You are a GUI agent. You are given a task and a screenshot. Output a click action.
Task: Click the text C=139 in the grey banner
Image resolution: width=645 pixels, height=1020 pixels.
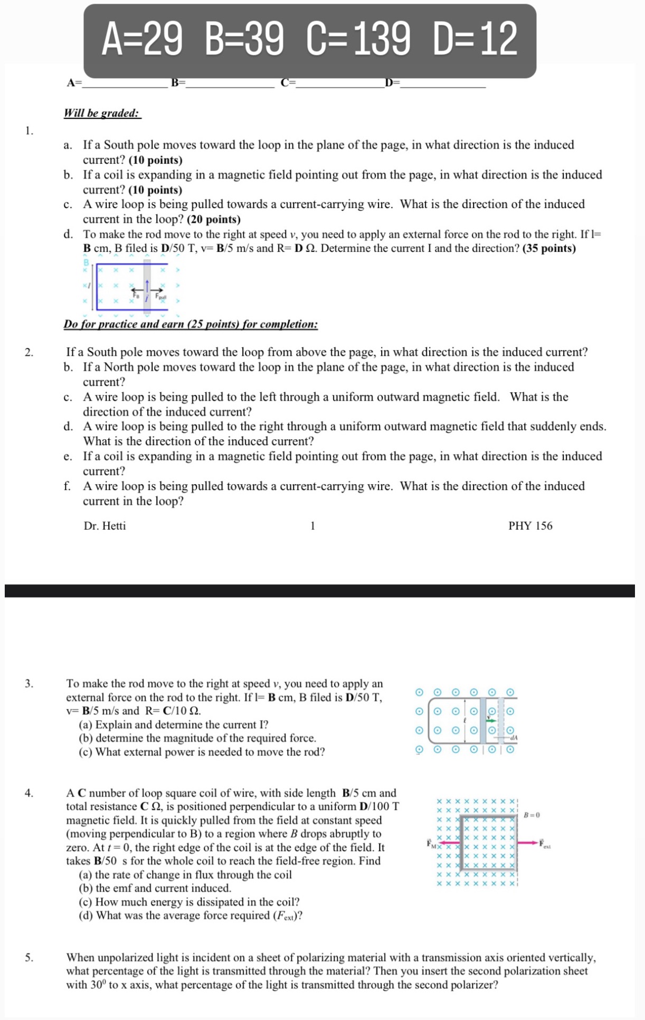(358, 39)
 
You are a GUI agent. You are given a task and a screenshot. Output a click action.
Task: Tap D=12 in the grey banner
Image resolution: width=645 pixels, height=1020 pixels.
(475, 39)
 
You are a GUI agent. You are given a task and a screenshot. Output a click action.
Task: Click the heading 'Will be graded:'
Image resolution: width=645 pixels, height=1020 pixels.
(102, 113)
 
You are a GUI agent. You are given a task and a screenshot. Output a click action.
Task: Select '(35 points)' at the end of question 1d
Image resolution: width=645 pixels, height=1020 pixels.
(549, 248)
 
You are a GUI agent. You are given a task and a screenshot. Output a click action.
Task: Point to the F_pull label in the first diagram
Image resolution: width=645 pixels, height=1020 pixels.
(160, 297)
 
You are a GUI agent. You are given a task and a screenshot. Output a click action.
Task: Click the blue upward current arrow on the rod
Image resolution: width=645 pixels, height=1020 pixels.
(147, 286)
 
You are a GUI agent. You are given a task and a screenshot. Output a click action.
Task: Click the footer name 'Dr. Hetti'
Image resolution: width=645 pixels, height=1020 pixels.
(105, 526)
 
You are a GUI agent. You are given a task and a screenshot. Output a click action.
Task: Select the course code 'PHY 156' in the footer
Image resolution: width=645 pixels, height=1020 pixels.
(530, 526)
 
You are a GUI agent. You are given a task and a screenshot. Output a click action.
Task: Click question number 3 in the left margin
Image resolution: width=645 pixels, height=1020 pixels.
(29, 684)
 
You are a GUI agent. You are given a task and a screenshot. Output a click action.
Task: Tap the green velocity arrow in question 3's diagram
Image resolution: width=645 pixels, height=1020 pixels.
(491, 720)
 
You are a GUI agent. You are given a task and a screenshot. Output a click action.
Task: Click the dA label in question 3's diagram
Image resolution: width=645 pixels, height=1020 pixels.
(513, 738)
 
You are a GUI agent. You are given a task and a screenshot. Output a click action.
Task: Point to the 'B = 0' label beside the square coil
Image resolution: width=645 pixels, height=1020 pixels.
(532, 815)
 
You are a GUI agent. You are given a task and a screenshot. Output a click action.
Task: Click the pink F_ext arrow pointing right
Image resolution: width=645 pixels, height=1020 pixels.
(528, 843)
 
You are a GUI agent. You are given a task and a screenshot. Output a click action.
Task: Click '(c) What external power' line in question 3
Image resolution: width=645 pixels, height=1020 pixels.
(202, 752)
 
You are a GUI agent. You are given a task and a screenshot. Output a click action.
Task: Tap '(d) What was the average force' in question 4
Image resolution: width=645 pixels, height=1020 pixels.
(190, 915)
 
